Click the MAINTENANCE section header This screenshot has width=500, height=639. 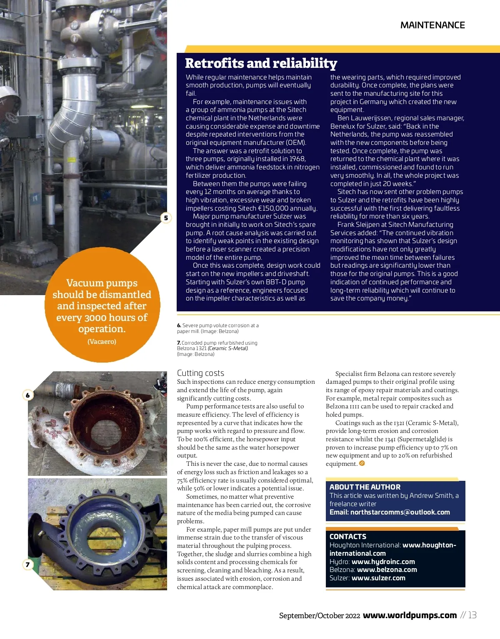tap(432, 25)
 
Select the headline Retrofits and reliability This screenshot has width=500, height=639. tap(261, 63)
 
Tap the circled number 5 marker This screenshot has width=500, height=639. tap(166, 218)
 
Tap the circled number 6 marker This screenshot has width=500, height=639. tap(28, 395)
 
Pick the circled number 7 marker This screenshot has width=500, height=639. tap(28, 564)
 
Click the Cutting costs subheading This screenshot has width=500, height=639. tap(200, 373)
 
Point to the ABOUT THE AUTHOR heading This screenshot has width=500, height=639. tap(365, 487)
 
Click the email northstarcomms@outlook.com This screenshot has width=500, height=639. tap(400, 512)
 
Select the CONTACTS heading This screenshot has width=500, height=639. tap(348, 537)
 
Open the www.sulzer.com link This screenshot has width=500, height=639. tap(378, 578)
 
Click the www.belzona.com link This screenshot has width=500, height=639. tap(387, 569)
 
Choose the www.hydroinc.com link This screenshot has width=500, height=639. tap(383, 562)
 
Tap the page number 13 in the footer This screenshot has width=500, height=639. tap(472, 615)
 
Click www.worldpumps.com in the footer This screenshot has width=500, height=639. tap(410, 615)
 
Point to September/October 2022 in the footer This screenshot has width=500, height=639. tap(319, 616)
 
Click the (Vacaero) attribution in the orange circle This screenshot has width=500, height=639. tap(102, 342)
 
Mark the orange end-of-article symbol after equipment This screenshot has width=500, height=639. tap(362, 463)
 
